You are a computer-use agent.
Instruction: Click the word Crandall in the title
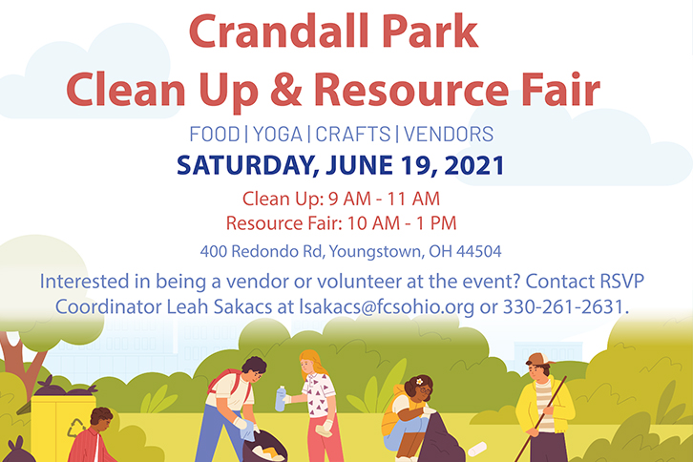coord(279,31)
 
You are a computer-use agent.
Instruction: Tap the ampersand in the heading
coord(286,89)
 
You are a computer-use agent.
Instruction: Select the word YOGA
coord(278,134)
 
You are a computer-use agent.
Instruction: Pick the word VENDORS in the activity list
coord(449,134)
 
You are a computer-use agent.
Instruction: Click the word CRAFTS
coord(353,134)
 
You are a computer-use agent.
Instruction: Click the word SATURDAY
coord(247,166)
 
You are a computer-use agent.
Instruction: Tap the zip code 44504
coord(479,251)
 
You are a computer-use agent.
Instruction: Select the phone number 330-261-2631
coord(566,306)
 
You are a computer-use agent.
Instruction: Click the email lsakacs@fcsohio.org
coord(387,306)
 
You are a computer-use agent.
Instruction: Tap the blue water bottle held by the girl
coord(281,399)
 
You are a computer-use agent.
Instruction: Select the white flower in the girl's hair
coord(419,382)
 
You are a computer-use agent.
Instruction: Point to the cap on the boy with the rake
coord(539,359)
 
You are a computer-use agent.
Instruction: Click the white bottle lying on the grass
coord(477,449)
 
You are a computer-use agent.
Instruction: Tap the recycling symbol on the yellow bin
coord(76,428)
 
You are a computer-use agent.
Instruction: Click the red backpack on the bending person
coord(228,381)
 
